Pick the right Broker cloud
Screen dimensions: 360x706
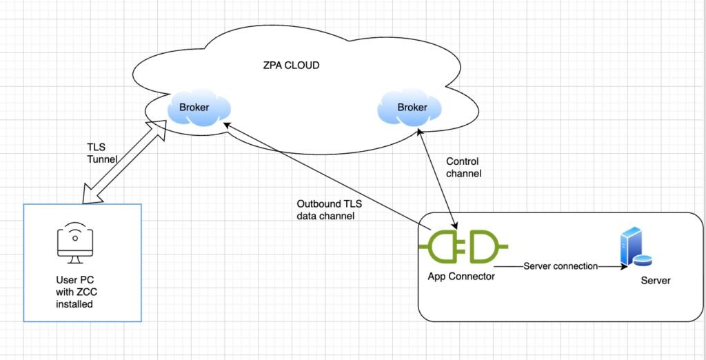tap(412, 108)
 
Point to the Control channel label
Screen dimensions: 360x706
tap(464, 168)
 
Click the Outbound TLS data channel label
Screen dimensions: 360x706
tap(329, 210)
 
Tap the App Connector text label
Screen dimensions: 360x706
tap(461, 277)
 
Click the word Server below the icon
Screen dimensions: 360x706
tap(655, 281)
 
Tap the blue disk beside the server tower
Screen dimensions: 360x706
tap(643, 260)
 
